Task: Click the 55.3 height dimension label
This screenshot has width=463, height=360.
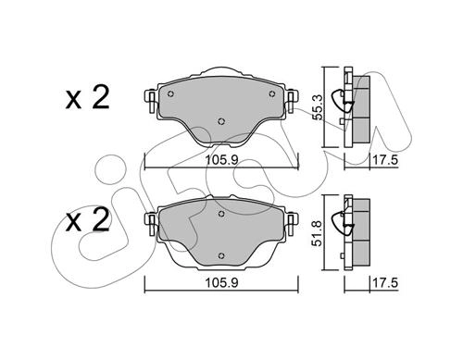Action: tap(318, 107)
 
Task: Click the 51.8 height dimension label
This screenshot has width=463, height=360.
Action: tap(318, 233)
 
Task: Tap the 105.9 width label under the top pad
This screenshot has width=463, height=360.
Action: tap(221, 160)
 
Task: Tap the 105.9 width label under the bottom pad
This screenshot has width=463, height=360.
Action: tap(221, 283)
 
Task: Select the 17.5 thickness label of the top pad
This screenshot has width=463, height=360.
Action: tap(385, 160)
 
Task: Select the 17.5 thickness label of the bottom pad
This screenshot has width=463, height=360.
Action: tap(385, 283)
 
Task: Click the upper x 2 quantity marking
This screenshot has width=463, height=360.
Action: tap(88, 98)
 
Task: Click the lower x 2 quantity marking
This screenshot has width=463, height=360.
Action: tap(88, 220)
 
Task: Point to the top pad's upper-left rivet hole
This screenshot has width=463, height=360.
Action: tap(170, 93)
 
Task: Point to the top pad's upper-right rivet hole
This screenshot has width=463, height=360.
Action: tap(272, 93)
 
